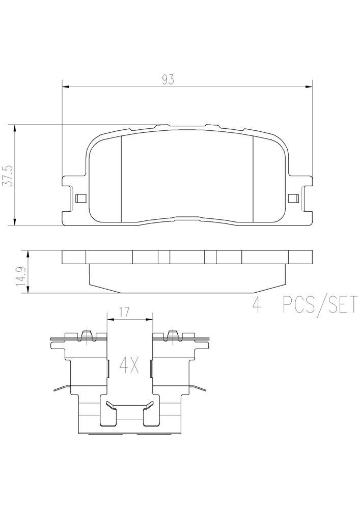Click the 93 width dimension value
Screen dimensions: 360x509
168,80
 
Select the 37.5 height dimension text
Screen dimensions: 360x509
8,175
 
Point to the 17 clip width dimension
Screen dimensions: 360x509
124,312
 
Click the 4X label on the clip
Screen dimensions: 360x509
129,365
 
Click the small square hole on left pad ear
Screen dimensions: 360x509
80,198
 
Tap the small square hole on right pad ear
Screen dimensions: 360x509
293,198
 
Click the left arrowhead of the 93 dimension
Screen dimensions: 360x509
66,87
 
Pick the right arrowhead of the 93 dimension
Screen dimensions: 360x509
309,87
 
